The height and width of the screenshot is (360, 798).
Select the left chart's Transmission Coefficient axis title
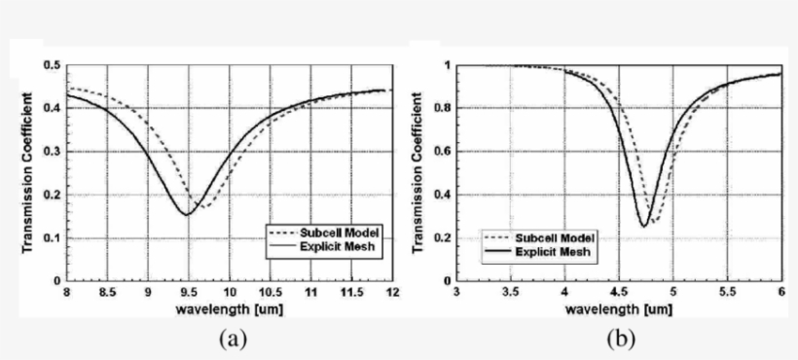pos(29,173)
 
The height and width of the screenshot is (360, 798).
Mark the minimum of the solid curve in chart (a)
pos(185,214)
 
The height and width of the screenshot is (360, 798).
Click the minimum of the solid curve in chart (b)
pos(643,226)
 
